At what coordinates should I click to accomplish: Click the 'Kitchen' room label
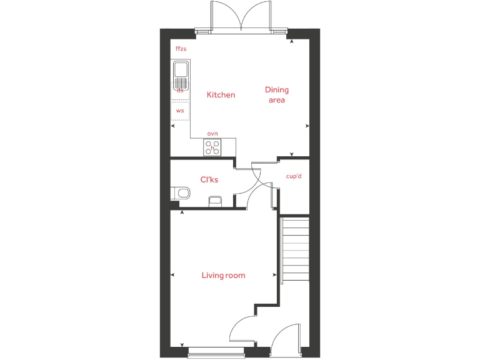(x=221, y=95)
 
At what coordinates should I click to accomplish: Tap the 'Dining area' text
(x=276, y=95)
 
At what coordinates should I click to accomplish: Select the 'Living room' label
(x=223, y=275)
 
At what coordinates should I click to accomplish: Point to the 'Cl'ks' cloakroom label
(x=209, y=180)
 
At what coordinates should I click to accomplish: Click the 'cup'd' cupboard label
(x=294, y=176)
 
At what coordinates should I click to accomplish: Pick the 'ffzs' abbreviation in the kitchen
(x=181, y=48)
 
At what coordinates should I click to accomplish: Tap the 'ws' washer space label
(x=180, y=111)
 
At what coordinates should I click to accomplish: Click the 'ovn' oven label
(x=212, y=133)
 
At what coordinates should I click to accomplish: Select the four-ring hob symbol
(x=212, y=147)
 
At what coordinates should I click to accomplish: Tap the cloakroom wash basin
(x=214, y=201)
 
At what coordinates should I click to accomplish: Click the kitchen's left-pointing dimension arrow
(x=173, y=126)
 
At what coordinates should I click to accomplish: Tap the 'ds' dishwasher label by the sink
(x=180, y=91)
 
